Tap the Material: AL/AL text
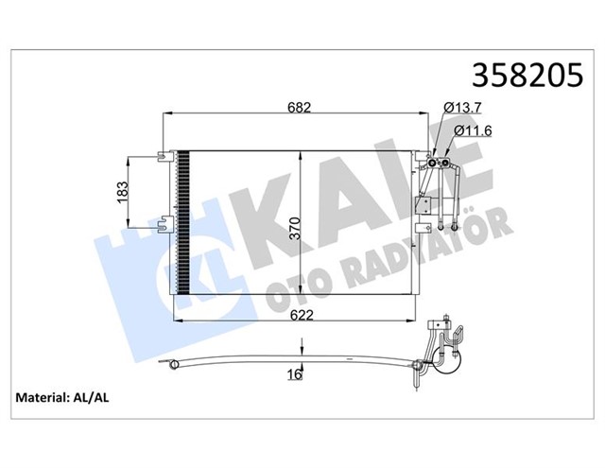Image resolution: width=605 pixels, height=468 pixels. pos(61,398)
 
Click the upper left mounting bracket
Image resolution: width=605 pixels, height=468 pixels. pos(166,154)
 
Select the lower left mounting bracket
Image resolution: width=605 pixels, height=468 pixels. pos(166,225)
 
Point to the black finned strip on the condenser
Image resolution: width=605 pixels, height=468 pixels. pos(184,222)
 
